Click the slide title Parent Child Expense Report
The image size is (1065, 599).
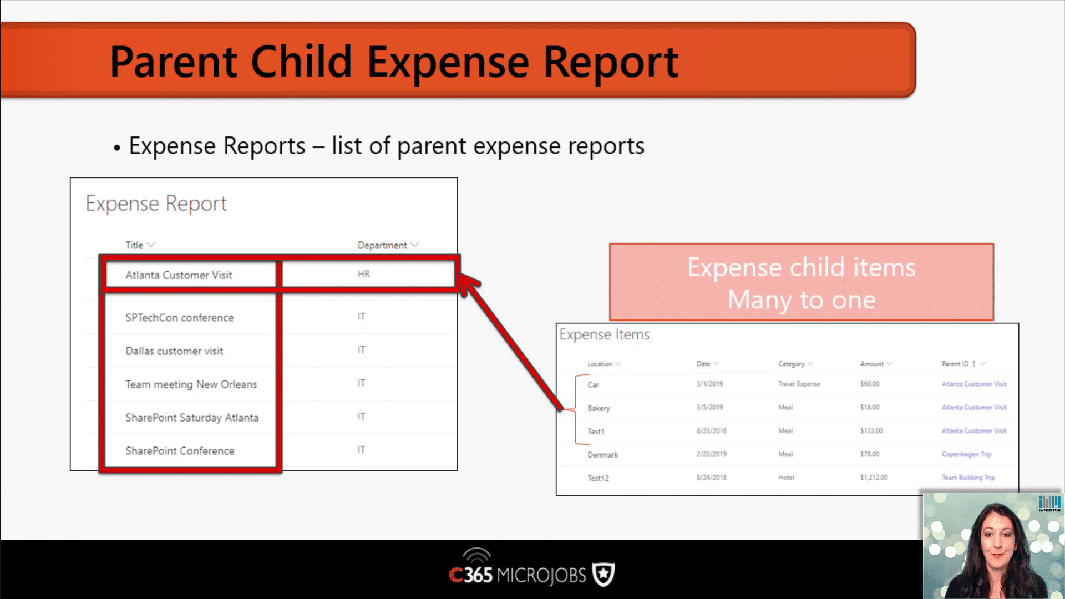click(x=394, y=62)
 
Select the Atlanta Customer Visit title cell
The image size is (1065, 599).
click(x=179, y=275)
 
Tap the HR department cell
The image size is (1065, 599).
click(x=364, y=274)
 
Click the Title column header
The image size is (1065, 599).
click(x=134, y=245)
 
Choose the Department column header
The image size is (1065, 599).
click(x=382, y=245)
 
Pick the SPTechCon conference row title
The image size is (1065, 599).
click(x=180, y=318)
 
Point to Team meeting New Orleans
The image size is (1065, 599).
click(x=191, y=384)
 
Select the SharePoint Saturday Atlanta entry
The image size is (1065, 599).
click(x=192, y=418)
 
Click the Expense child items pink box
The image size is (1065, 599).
click(x=802, y=282)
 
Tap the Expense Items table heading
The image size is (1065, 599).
click(x=605, y=334)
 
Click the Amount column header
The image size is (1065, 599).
click(x=872, y=364)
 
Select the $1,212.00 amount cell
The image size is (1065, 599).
click(x=874, y=478)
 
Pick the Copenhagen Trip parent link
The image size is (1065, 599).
click(x=966, y=454)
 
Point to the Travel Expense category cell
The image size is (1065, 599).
click(x=799, y=384)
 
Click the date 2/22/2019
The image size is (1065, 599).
click(x=712, y=454)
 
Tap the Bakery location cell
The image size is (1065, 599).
click(x=599, y=408)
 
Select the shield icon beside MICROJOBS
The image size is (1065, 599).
click(x=603, y=575)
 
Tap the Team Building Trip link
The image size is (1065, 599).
click(x=968, y=478)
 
